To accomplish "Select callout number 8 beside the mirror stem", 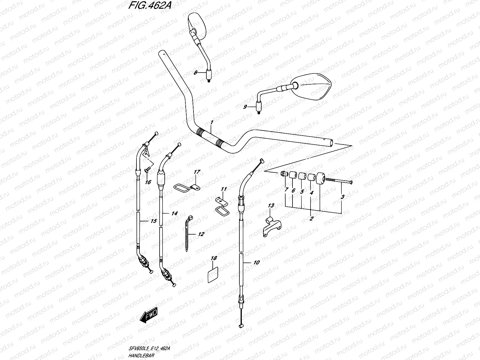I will [195, 72].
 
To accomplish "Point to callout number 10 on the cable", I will [256, 262].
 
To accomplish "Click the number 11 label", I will [224, 189].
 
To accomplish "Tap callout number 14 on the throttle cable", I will [175, 213].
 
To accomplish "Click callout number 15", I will [153, 221].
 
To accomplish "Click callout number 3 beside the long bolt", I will [343, 197].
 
